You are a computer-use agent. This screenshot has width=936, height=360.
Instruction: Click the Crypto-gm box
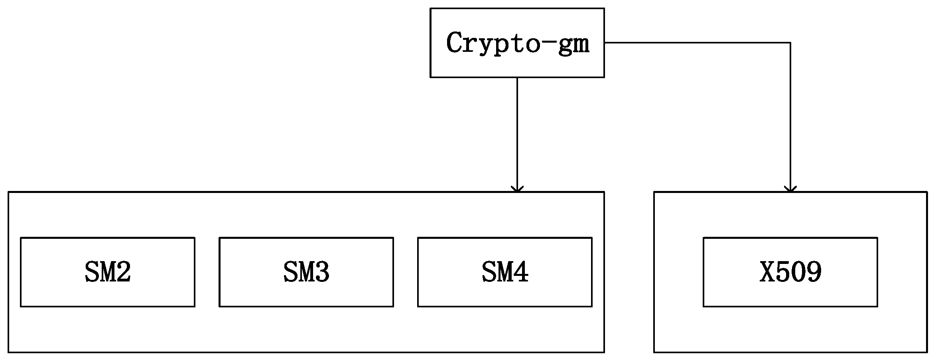pos(517,43)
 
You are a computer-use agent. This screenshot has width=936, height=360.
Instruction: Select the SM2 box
pos(108,272)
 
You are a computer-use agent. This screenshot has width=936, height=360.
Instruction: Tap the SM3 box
pos(306,272)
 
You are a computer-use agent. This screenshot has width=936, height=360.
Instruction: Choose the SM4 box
pos(504,272)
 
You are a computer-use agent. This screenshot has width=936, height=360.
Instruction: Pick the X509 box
pos(790,272)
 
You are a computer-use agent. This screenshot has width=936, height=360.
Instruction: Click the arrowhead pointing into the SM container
pos(517,189)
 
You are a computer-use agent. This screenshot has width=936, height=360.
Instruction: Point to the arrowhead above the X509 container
pos(790,189)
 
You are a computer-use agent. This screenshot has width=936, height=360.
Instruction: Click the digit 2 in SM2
pos(124,272)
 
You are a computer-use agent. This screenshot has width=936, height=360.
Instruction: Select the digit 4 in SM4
pos(521,272)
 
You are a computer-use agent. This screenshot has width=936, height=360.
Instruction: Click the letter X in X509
pos(767,272)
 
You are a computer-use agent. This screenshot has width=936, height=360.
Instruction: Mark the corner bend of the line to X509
pos(790,43)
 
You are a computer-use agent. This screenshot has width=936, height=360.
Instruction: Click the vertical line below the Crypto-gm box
pos(517,132)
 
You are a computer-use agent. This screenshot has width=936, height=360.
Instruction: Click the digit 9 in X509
pos(814,272)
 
